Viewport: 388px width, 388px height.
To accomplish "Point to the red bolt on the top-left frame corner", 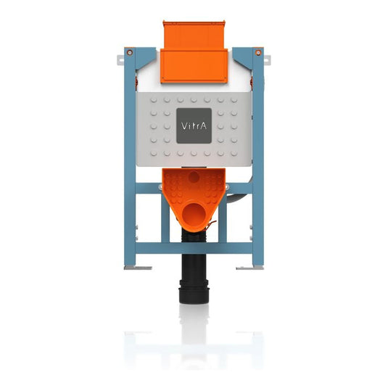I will (x=129, y=52).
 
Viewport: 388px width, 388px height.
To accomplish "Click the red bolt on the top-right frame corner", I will (x=258, y=52).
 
